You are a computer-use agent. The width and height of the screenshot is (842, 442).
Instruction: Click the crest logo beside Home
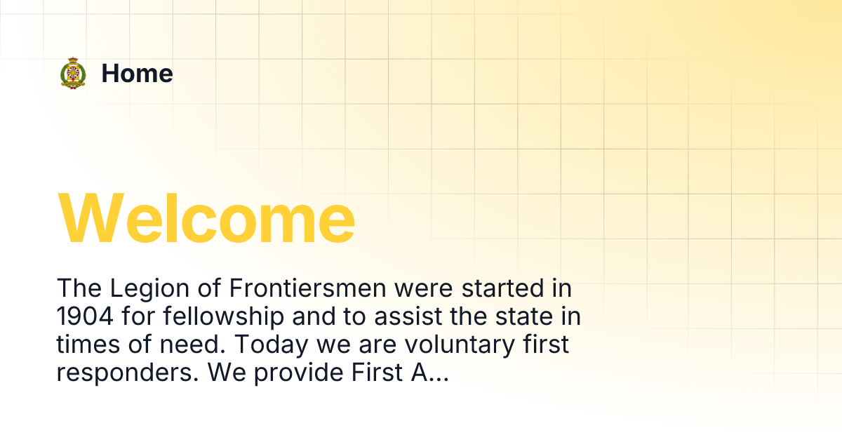tap(73, 74)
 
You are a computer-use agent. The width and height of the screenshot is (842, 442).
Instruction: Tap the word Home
tap(137, 74)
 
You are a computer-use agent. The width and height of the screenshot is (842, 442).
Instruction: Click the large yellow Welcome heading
tap(206, 219)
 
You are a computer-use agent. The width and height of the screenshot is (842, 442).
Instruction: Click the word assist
tap(403, 317)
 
